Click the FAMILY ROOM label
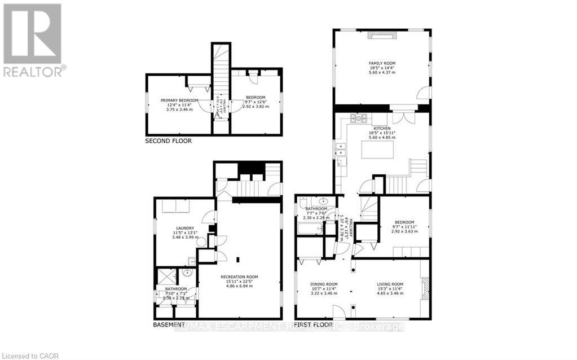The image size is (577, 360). coord(382,63)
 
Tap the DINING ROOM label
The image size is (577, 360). coord(324,284)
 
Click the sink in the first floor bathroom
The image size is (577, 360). coord(324,201)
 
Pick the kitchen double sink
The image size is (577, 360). coord(340,150)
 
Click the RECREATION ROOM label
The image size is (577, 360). coord(239,276)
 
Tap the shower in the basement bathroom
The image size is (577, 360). coord(167,277)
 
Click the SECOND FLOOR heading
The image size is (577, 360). coord(168,141)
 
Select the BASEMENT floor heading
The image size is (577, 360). coord(169,325)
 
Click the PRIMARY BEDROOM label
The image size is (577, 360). coord(179,100)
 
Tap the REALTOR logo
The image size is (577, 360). coord(33,39)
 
